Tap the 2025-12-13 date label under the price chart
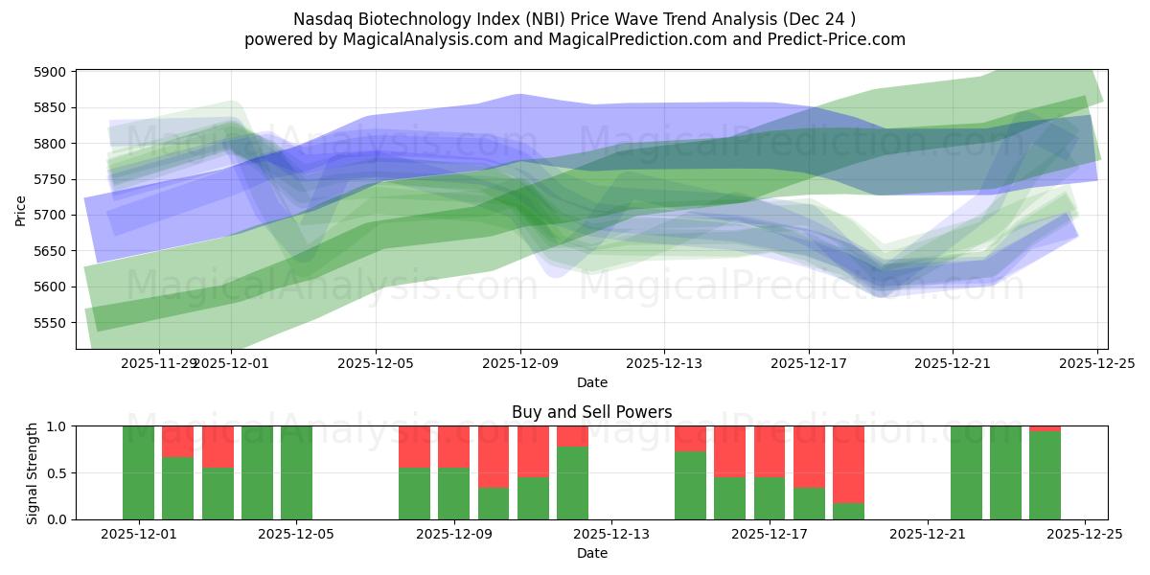click(664, 364)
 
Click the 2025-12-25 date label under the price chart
click(1096, 364)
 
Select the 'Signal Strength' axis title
click(33, 472)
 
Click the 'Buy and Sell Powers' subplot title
click(591, 412)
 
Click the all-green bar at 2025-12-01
click(138, 472)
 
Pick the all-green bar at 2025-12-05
click(296, 472)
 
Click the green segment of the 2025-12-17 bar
click(770, 498)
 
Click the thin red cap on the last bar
click(1045, 428)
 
